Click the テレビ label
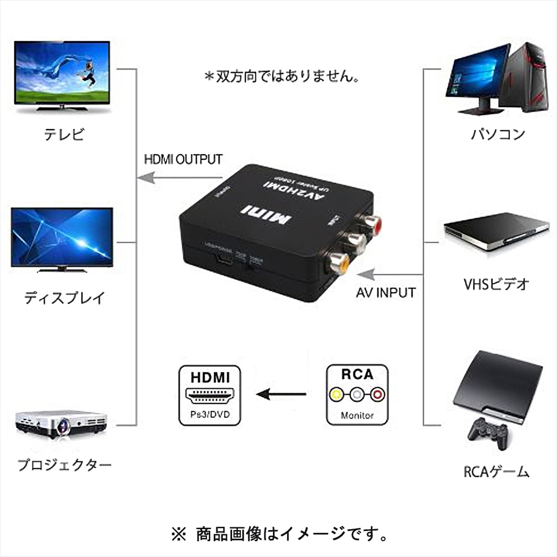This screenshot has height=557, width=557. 64,134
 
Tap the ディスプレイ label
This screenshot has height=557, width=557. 64,298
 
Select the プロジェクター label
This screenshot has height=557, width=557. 64,465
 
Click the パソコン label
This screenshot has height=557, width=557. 498,134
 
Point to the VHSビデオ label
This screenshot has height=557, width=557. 496,285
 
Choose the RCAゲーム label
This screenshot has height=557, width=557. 496,472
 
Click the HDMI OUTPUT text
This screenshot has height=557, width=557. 183,159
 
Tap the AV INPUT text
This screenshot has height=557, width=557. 386,292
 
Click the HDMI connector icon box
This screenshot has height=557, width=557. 210,395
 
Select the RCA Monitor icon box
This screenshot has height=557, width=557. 357,395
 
